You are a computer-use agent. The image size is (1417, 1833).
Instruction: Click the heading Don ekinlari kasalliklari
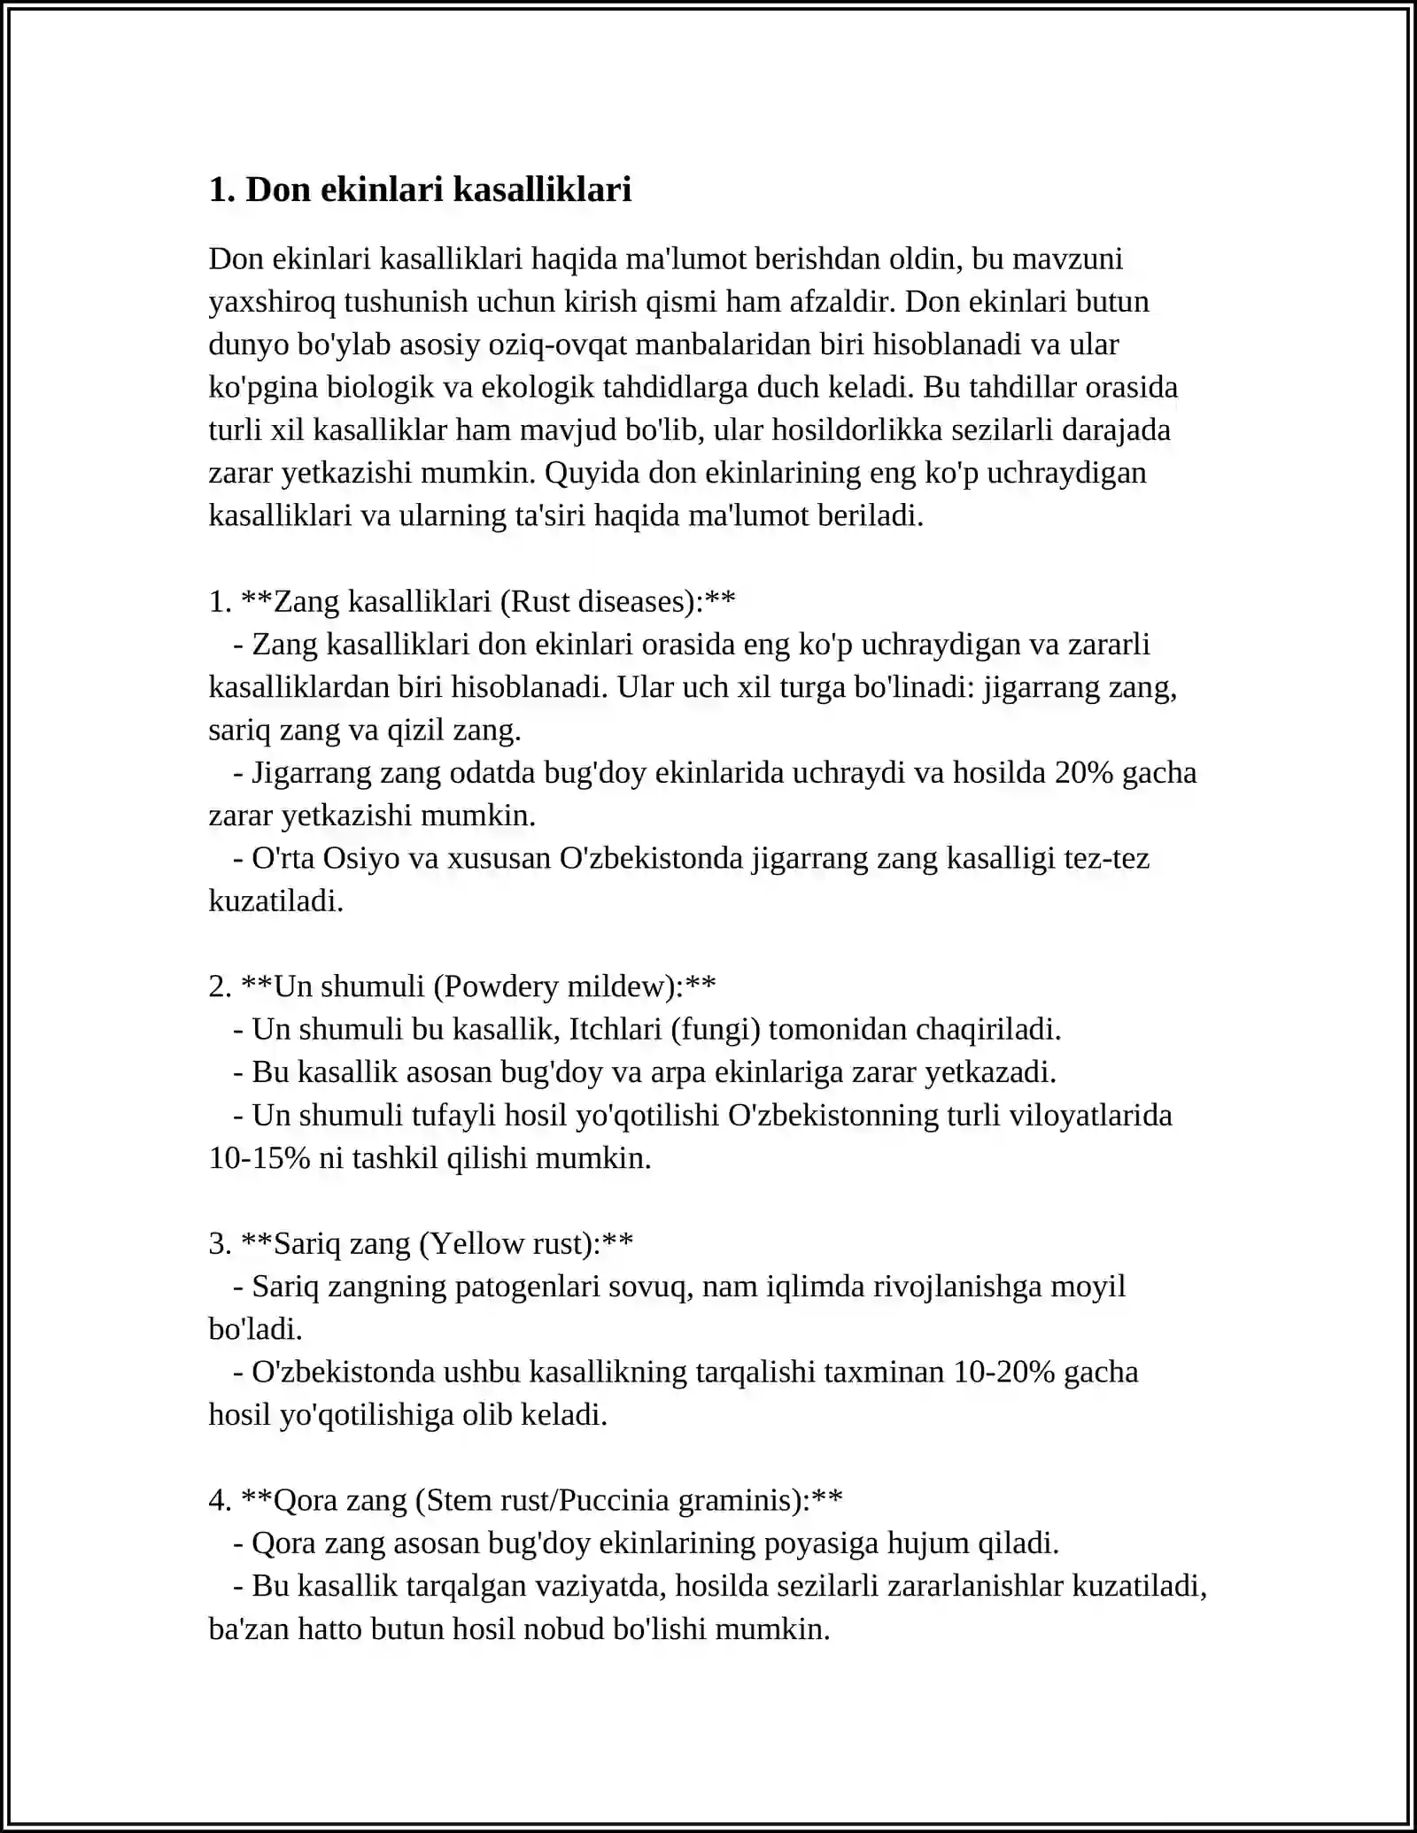(x=420, y=189)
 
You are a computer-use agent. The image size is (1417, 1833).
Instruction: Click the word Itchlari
(x=616, y=1029)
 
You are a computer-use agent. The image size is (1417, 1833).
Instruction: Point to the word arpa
(x=678, y=1072)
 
